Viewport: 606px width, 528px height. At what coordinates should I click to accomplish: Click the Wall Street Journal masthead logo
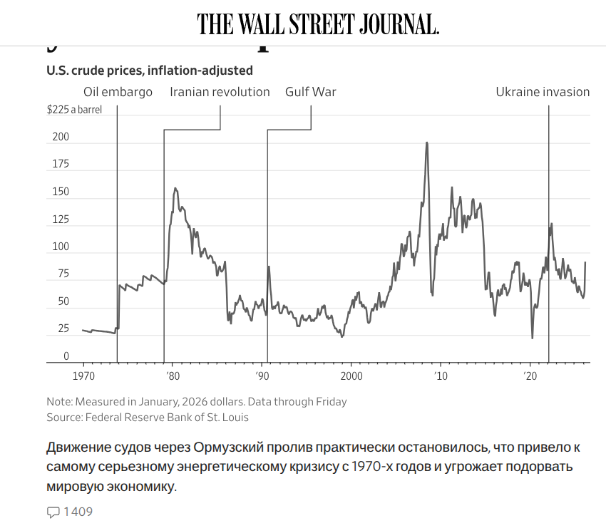tap(318, 24)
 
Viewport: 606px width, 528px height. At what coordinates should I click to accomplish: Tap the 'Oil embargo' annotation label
tap(118, 92)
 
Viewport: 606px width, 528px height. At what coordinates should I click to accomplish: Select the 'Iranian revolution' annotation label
tap(220, 92)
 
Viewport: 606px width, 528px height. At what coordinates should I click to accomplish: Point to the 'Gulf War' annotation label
tap(310, 92)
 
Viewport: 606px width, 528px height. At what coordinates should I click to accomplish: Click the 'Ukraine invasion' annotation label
tap(543, 92)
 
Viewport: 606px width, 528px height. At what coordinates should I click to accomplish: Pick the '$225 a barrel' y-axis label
tap(74, 110)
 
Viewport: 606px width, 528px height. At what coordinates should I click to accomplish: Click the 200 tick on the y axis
tap(61, 137)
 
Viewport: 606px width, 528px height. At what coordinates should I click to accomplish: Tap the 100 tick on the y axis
tap(61, 247)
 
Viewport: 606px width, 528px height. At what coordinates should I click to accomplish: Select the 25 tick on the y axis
tap(63, 328)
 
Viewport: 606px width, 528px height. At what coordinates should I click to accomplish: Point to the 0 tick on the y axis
tap(66, 356)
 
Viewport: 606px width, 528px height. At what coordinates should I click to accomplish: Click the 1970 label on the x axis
tap(83, 376)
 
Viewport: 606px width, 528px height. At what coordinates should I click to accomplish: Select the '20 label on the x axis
tap(529, 376)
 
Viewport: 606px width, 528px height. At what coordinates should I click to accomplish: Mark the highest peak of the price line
tap(426, 143)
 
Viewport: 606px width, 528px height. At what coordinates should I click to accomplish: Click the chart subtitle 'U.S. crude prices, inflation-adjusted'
tap(150, 71)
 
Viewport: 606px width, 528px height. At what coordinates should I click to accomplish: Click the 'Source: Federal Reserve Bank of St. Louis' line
tap(148, 418)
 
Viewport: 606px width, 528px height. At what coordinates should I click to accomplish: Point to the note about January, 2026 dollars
tap(196, 401)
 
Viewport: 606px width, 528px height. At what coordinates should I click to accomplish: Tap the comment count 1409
tap(78, 512)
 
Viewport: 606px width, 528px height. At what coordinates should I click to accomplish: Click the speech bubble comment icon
tap(53, 512)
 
